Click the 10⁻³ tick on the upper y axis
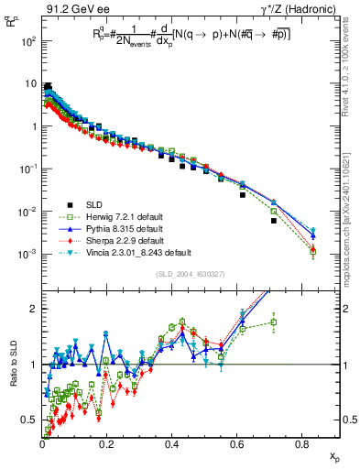click(x=30, y=254)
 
